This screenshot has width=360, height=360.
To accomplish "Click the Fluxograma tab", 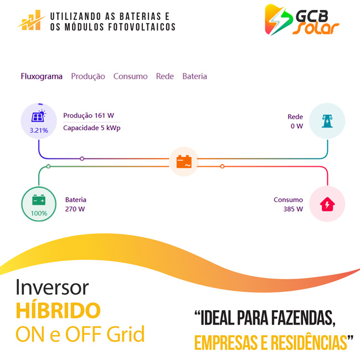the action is coord(42,76).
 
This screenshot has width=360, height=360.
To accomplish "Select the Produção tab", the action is coord(88,76).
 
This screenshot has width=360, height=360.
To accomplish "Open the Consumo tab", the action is coord(130,76).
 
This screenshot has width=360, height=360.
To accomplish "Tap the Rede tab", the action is coord(165,76).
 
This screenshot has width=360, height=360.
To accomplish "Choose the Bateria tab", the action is coord(195,76).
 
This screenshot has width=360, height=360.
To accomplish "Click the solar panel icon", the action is coord(38,116).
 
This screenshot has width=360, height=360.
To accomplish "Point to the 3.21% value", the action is coord(39,130).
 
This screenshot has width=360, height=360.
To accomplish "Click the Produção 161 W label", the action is coord(89,115).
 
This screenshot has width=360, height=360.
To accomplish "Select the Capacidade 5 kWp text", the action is coord(92,128).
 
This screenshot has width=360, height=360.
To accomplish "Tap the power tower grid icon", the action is coord(327,121).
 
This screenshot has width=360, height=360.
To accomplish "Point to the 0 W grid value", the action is coord(297,126).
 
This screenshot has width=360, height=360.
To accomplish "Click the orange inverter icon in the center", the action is coord(184,162).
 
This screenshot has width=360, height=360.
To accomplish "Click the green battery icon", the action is coord(39,200).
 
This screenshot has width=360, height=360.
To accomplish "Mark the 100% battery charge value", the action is coord(39,213).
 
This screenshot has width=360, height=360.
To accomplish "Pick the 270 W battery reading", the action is coord(75,209).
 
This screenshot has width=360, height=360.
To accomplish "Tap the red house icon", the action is coord(327,204).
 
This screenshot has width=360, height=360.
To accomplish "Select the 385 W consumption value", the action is coord(293,209).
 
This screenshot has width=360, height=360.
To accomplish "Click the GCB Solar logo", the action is coord(302,20).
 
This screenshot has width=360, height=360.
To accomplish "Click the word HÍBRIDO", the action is coord(58,310).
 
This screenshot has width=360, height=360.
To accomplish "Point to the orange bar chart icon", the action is coord(31,20).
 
